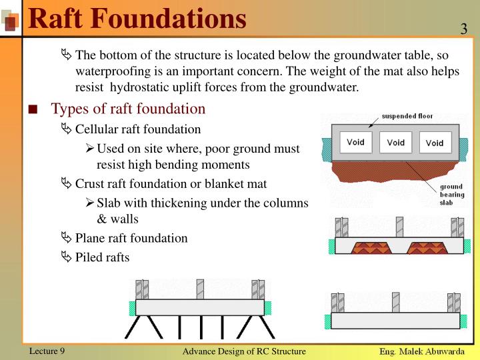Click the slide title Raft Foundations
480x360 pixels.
137,18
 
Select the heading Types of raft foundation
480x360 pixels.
129,109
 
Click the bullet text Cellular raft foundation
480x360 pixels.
137,129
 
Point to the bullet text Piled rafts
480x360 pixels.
102,257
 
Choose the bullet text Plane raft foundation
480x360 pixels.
131,238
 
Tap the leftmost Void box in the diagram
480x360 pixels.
355,142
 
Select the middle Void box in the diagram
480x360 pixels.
395,142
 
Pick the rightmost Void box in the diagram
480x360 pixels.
435,143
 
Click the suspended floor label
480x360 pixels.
407,116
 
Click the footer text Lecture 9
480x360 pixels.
47,351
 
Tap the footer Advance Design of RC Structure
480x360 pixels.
244,351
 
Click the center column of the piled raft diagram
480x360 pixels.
199,289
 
